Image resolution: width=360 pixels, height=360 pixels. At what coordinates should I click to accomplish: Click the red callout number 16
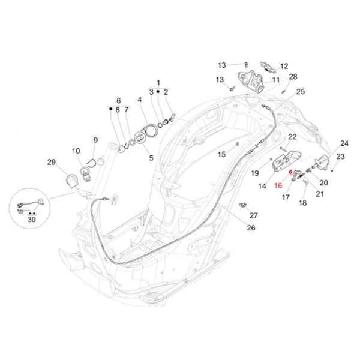tap(278, 186)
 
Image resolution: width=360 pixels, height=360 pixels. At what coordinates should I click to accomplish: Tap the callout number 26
tap(251, 227)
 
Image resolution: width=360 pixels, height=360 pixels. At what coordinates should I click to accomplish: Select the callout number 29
tap(51, 163)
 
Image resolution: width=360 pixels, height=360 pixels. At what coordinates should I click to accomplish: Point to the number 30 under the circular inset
tap(31, 220)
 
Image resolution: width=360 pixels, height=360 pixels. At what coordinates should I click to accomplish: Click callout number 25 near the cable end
tap(301, 91)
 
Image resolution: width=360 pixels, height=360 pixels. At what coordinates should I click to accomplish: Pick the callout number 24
tap(344, 143)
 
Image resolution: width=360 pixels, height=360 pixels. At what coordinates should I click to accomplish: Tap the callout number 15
tap(221, 154)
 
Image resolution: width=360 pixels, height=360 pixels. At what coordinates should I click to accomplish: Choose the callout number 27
tap(253, 215)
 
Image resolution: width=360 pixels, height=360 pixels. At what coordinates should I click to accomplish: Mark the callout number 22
tap(292, 137)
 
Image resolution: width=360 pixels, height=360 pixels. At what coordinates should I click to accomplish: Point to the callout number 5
tap(151, 158)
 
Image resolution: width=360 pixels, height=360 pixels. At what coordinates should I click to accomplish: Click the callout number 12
tap(284, 66)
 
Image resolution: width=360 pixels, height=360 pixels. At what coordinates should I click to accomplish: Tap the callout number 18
tap(302, 203)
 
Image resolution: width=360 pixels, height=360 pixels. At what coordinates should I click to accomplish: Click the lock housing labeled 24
tap(325, 161)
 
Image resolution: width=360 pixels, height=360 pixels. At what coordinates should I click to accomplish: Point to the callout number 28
tap(293, 77)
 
